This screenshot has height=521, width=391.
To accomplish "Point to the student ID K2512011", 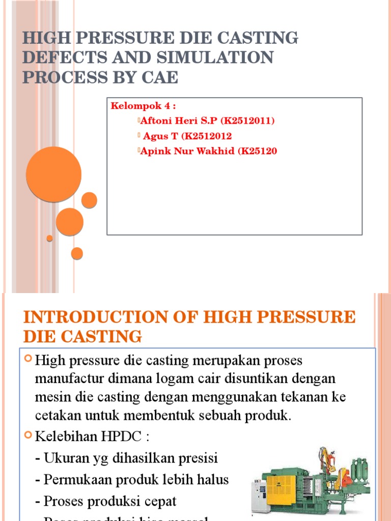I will coord(247,121).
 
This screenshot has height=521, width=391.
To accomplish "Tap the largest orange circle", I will coord(53,174).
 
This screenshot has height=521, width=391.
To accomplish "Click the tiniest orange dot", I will coord(49,238).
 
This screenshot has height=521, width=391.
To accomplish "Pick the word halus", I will coord(211,479).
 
